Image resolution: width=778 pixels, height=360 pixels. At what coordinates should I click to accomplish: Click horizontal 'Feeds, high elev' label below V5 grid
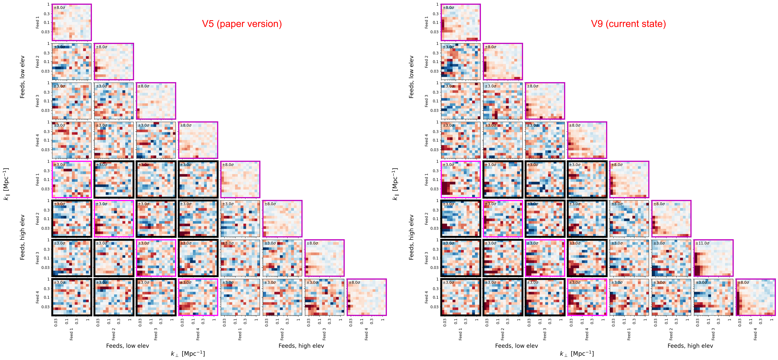(301, 346)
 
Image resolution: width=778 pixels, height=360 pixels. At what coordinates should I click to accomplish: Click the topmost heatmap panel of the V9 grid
(461, 22)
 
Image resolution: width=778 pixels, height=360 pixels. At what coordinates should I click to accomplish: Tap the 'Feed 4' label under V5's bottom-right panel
(366, 334)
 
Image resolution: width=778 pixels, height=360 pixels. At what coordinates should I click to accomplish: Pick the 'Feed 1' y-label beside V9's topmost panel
(426, 22)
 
